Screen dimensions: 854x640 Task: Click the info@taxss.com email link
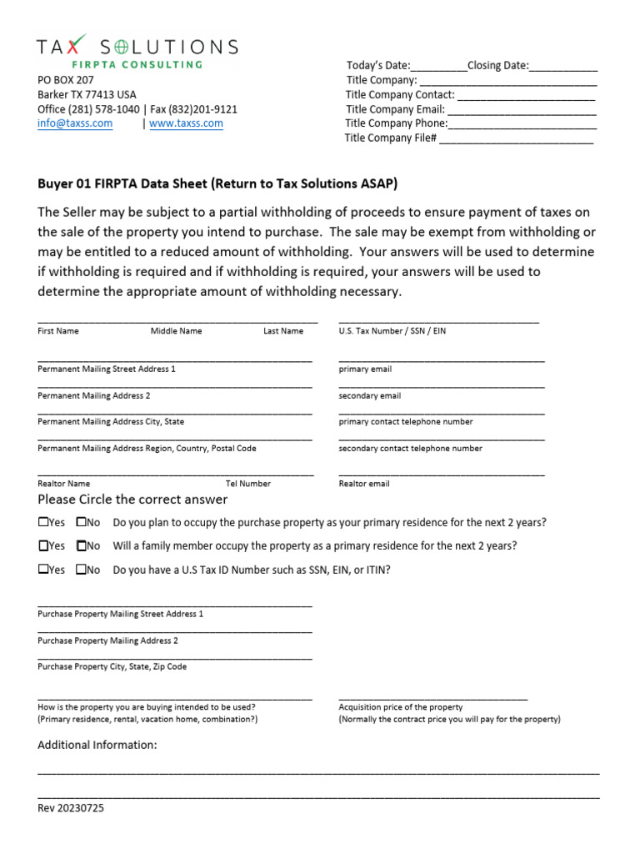pos(75,123)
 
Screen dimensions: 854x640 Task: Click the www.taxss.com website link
pos(186,123)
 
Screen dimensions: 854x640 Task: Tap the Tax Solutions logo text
pos(137,47)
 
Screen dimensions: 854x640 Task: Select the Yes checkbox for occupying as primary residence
pos(43,523)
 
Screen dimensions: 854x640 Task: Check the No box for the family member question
pos(82,546)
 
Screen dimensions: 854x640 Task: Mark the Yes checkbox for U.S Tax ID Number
pos(43,570)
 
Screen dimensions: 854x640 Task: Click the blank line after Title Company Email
pos(522,109)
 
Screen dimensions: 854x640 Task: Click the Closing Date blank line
pos(563,67)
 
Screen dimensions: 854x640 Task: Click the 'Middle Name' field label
pos(176,331)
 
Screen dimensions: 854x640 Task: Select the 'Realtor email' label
pos(364,484)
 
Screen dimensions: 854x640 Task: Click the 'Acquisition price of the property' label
pos(400,707)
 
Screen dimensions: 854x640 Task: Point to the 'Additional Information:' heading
pos(97,745)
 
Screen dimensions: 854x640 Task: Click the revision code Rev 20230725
pos(71,808)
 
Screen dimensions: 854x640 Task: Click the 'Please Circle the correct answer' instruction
pos(132,500)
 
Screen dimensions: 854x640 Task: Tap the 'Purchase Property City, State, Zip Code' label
pos(112,667)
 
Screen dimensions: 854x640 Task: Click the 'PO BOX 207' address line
pos(66,80)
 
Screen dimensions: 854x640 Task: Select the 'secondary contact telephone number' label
pos(410,449)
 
